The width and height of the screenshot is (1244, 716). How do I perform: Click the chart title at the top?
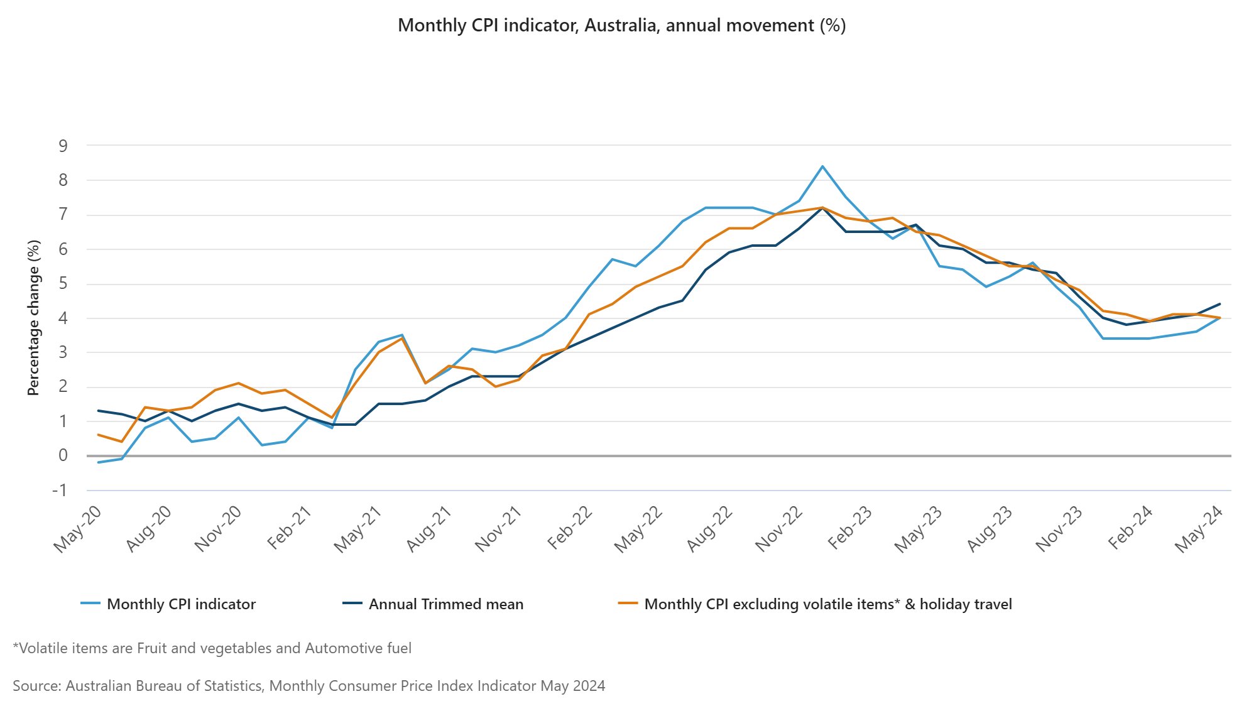(x=621, y=26)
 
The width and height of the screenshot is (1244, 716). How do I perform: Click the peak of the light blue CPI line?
(x=822, y=166)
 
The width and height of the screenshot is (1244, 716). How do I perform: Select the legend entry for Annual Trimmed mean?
(x=445, y=604)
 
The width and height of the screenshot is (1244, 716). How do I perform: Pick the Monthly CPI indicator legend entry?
(x=181, y=604)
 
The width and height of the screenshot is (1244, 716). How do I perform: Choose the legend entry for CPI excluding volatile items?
(x=827, y=604)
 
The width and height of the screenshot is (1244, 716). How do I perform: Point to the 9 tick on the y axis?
(x=63, y=146)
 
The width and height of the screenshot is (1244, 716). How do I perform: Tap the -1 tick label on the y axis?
(x=60, y=491)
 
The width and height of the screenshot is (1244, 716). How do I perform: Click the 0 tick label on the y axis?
(x=63, y=455)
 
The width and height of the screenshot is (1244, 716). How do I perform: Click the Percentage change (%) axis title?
(x=33, y=318)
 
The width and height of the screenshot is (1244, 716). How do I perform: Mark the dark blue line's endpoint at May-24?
(x=1219, y=304)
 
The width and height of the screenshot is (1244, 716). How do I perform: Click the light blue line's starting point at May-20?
(x=99, y=462)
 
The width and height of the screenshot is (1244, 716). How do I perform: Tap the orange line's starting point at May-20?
(x=99, y=435)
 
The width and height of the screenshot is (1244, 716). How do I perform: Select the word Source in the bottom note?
(x=35, y=686)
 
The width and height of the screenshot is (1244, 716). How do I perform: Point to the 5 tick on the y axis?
(x=63, y=284)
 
